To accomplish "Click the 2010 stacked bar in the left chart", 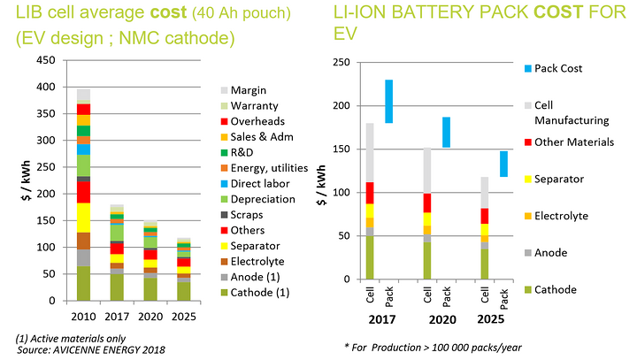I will click(84, 195).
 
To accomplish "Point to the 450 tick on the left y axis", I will click(49, 61).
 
